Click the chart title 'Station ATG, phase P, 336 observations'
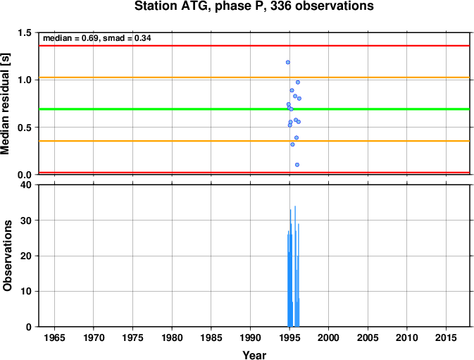[x=254, y=6]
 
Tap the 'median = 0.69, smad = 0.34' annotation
[x=97, y=38]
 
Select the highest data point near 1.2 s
[x=288, y=62]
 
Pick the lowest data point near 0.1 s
[x=297, y=165]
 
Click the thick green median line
[x=254, y=108]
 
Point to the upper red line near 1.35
[x=254, y=46]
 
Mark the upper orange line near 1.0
[x=254, y=77]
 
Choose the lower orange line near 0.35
[x=254, y=141]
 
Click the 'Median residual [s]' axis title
[x=6, y=104]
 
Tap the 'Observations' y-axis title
[x=7, y=256]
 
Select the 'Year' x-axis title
[x=254, y=355]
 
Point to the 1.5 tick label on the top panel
[x=25, y=32]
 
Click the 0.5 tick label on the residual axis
[x=25, y=128]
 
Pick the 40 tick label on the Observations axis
[x=25, y=185]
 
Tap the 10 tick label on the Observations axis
[x=25, y=291]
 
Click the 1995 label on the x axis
[x=289, y=337]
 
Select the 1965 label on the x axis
[x=54, y=337]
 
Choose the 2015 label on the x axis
[x=446, y=337]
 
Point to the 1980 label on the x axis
[x=172, y=337]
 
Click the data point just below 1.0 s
[x=298, y=82]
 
